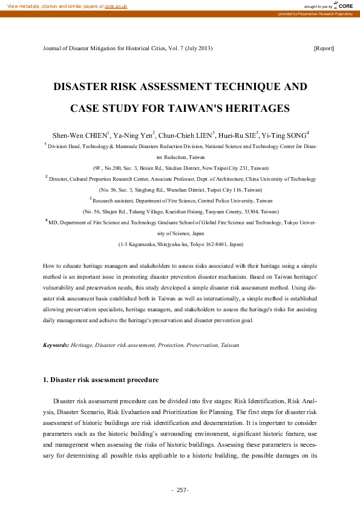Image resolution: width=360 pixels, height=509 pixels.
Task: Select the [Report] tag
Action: coord(324,48)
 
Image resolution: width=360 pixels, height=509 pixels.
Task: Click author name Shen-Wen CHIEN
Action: coord(80,134)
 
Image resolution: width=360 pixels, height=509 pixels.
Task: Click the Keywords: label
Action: coord(56,345)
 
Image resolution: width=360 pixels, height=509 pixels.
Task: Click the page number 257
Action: coord(183,490)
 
